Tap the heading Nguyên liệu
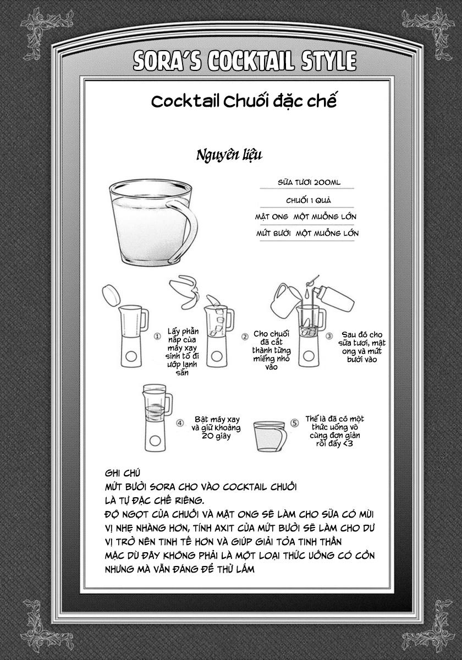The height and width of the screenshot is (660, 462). coord(229,155)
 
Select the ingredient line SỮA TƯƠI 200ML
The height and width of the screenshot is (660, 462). coord(309,183)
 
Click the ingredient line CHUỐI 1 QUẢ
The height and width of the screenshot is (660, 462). coord(309,201)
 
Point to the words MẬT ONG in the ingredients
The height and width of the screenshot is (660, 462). coord(271,217)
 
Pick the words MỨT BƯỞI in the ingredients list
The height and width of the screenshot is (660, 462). coord(273,234)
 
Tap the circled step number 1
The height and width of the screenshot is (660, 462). coord(158,336)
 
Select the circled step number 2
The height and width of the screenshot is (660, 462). coord(245,337)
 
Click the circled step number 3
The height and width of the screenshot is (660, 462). coord(329,336)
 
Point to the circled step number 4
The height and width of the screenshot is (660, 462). coord(180,423)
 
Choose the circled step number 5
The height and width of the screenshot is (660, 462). coord(294,423)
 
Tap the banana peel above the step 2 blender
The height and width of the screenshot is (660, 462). coord(184,291)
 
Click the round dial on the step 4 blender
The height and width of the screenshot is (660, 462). coord(155,441)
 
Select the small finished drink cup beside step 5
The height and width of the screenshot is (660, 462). coord(270,436)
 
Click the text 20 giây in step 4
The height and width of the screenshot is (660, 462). coord(216,436)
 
